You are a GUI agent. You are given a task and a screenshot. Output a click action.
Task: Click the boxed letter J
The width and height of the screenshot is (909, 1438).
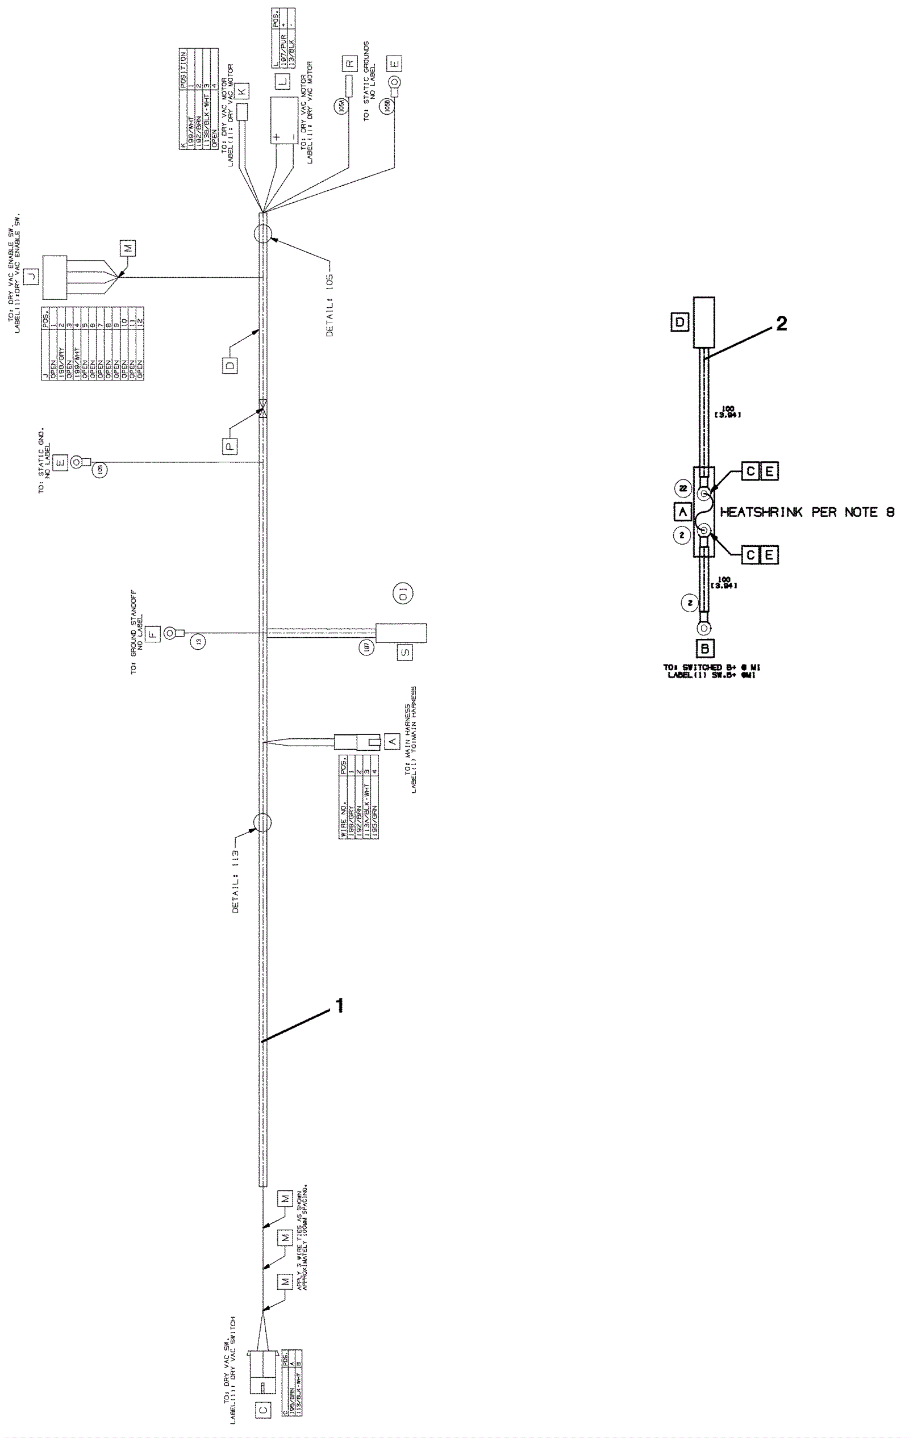(32, 276)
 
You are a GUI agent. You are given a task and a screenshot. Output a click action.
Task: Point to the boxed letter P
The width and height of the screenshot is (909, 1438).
(231, 445)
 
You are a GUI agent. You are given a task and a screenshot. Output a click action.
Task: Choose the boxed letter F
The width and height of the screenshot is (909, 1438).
(153, 633)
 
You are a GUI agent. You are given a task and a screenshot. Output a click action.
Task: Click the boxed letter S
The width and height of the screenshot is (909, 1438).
(405, 651)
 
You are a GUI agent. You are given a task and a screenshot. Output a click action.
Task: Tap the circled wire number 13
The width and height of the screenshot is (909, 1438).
(198, 642)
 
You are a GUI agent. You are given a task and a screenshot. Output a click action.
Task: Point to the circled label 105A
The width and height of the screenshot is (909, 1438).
(341, 106)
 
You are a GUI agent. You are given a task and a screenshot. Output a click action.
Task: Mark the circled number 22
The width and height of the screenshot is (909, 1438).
(683, 488)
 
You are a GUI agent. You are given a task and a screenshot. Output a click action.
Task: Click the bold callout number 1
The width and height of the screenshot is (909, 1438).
(340, 1006)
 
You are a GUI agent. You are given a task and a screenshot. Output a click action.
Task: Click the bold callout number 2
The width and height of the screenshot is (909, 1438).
(781, 324)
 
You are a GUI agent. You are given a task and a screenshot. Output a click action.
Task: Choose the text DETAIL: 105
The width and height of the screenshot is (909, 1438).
(330, 305)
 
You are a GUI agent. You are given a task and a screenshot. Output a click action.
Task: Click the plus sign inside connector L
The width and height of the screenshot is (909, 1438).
(277, 137)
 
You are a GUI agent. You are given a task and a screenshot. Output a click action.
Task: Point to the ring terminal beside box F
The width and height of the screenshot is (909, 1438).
(170, 633)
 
